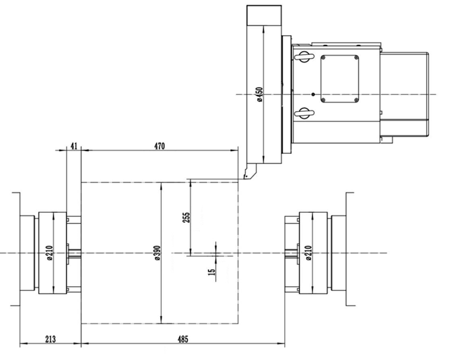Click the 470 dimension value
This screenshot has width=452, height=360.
159,146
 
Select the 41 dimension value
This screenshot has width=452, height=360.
74,146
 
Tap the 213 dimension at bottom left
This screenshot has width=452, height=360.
50,339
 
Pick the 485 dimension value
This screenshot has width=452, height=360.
183,339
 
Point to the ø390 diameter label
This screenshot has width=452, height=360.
157,253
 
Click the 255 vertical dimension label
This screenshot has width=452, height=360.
186,218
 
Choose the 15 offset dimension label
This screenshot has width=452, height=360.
212,272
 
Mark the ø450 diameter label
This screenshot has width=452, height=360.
259,94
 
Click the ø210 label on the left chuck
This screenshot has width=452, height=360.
50,253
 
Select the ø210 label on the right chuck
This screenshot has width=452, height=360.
308,253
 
